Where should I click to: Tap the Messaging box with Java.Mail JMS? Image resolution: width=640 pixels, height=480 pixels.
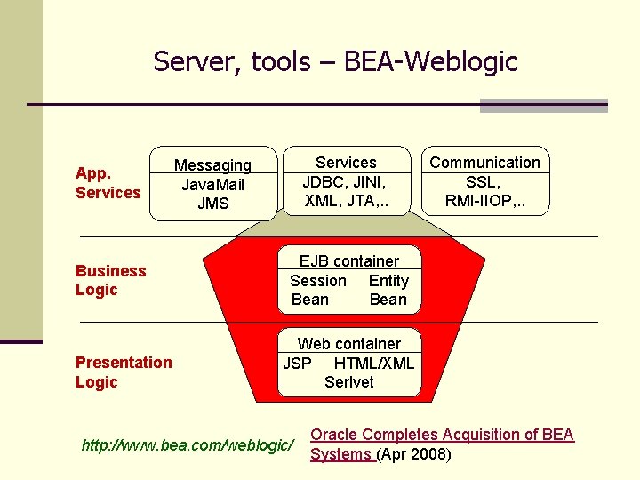coord(213,183)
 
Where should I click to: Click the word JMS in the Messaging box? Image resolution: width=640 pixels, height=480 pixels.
coord(213,204)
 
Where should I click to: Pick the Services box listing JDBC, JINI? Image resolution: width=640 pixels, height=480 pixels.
coord(347,181)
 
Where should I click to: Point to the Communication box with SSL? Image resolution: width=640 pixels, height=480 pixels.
coord(484,181)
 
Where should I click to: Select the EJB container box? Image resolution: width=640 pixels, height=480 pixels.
coord(348,280)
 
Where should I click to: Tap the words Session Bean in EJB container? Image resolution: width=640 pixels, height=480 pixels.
coord(316,290)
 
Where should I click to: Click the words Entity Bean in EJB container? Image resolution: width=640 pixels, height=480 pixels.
coord(388,290)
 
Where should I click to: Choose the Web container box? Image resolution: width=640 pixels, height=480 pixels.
coord(348,363)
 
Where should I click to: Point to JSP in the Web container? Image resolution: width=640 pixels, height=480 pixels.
coord(297,363)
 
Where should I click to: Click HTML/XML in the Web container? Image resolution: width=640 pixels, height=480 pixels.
coord(373,363)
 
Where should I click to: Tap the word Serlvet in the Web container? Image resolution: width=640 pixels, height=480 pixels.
coord(349,382)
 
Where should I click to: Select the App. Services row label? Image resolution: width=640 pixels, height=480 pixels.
coord(108,182)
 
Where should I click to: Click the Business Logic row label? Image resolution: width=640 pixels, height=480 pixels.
coord(110,280)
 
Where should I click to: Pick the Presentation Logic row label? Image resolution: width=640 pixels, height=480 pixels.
coord(124,372)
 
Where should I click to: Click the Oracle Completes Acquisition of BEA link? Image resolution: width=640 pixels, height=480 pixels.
coord(441,435)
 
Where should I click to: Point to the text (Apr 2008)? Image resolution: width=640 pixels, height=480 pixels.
coord(414,455)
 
